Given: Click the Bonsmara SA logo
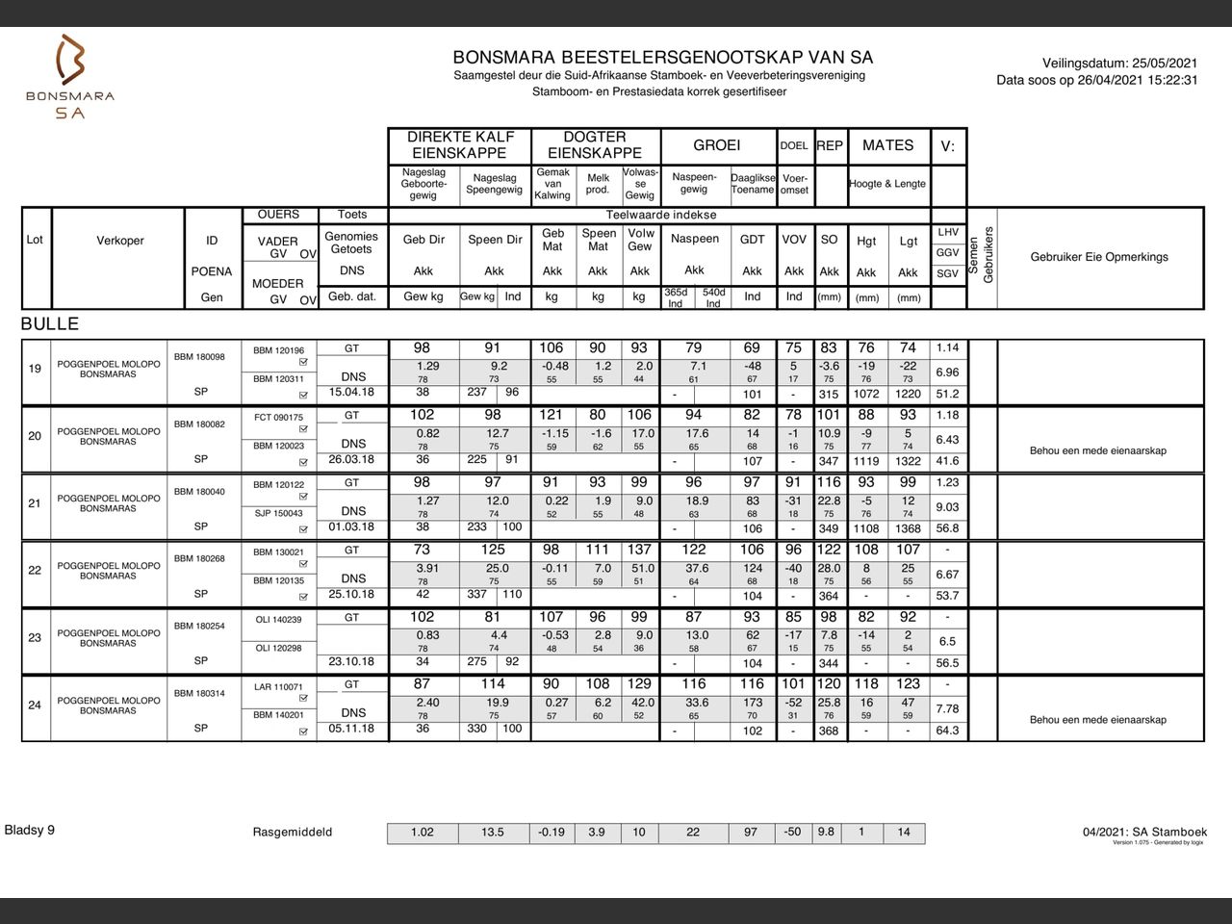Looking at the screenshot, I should pyautogui.click(x=70, y=77).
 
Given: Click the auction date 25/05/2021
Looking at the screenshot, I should pyautogui.click(x=1165, y=63).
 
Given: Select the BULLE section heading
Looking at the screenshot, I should pyautogui.click(x=50, y=323).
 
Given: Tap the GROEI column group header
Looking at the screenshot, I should pyautogui.click(x=717, y=145).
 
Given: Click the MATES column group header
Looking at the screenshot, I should pyautogui.click(x=887, y=145).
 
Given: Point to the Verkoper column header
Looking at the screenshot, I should pyautogui.click(x=120, y=241).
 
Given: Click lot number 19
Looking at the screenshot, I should pyautogui.click(x=35, y=368).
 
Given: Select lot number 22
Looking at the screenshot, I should pyautogui.click(x=35, y=570).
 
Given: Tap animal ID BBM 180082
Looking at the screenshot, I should pyautogui.click(x=199, y=424).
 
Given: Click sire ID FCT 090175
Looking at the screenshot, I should pyautogui.click(x=278, y=418).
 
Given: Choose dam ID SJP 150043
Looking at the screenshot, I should pyautogui.click(x=278, y=513).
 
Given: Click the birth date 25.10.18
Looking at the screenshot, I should pyautogui.click(x=351, y=594).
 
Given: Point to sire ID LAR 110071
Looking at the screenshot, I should pyautogui.click(x=278, y=687).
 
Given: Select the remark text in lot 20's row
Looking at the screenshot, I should pyautogui.click(x=1097, y=450).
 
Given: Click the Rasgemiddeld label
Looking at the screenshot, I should pyautogui.click(x=293, y=833).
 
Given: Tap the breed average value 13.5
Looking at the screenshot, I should pyautogui.click(x=493, y=833).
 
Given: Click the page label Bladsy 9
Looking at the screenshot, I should pyautogui.click(x=30, y=830).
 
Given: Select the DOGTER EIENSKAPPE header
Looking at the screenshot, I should pyautogui.click(x=595, y=145).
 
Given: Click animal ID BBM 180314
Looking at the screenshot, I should pyautogui.click(x=199, y=694).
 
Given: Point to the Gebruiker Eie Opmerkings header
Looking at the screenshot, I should pyautogui.click(x=1099, y=257).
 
